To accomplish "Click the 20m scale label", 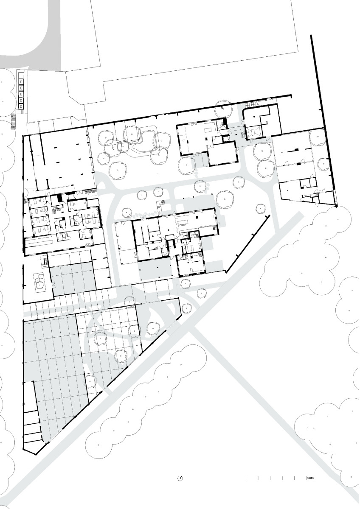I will coord(310,478).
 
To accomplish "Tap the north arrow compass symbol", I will coord(180,478).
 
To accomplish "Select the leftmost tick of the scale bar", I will coord(246,478).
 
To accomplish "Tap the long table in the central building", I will coord(184,222).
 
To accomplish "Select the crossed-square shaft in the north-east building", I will coord(256,132).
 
